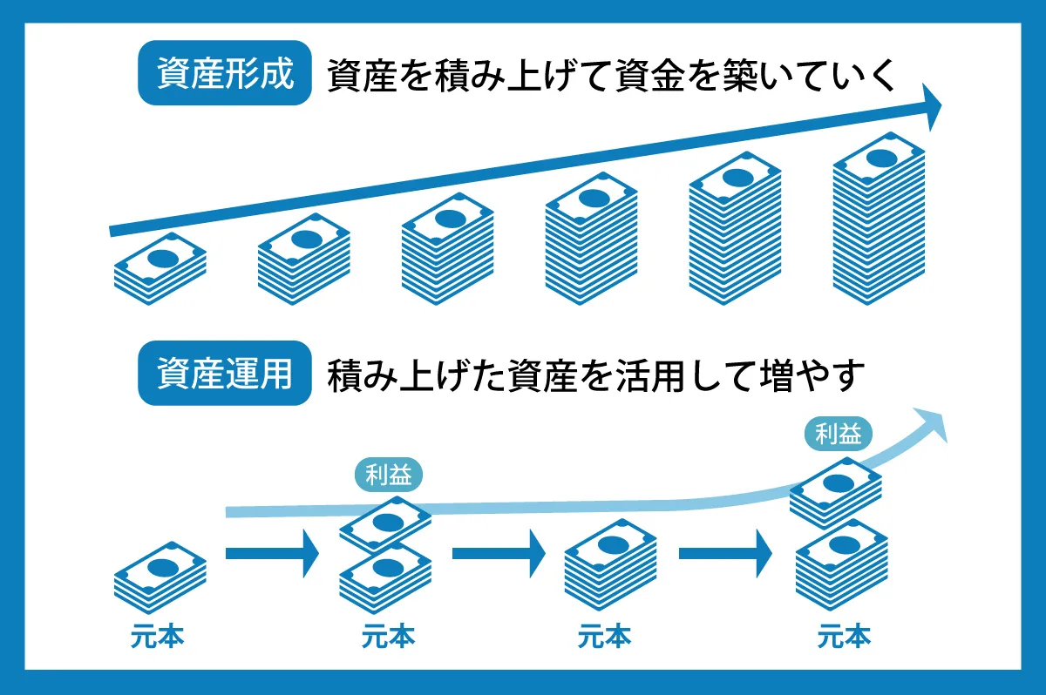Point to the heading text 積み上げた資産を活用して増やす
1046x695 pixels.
pyautogui.click(x=596, y=375)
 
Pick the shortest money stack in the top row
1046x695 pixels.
pyautogui.click(x=160, y=269)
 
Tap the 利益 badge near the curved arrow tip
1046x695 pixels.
pyautogui.click(x=839, y=433)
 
